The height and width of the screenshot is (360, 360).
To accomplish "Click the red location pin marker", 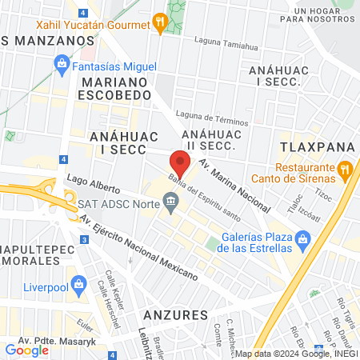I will tap(180, 166).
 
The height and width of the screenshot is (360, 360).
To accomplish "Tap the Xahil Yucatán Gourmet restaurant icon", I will tap(160, 23).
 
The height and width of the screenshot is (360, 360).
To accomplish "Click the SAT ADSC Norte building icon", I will tap(171, 206).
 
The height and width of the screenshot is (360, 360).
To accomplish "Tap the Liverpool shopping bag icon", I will tap(78, 283).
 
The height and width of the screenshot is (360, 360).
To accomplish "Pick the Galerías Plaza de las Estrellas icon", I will tap(302, 238).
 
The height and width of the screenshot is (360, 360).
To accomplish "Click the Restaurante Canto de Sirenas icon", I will tap(345, 168).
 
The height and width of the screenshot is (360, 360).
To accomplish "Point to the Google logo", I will tap(26, 350).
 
